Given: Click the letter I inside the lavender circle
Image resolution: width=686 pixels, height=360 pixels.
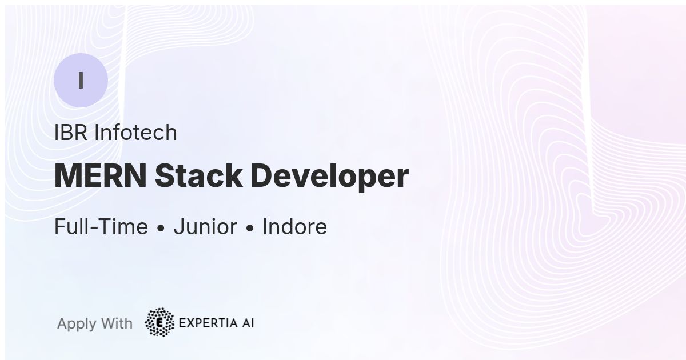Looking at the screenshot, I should pos(81,81).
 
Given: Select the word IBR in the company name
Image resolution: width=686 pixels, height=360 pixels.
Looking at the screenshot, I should pos(71,133).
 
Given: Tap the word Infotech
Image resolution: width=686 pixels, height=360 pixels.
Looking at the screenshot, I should pos(135,133).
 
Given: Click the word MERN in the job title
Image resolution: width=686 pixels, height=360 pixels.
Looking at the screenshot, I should pos(101,176).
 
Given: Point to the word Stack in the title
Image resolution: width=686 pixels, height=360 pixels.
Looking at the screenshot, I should pos(198,176).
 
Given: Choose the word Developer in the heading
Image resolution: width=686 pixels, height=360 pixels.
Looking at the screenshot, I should pos(329,176).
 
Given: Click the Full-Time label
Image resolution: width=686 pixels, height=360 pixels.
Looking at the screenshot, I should pos(101,227).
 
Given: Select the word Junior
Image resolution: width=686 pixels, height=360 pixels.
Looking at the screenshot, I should pos(205,227).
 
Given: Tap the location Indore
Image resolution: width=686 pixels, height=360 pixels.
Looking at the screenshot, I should pos(294,227).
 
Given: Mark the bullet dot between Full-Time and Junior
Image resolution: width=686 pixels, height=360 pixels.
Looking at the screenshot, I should pos(161,229).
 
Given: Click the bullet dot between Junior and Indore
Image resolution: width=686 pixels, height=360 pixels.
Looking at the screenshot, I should pos(250,229).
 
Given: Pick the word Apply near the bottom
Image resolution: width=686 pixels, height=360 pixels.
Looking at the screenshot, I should pos(77,324).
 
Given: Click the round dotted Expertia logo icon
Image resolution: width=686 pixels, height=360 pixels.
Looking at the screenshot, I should pos(159,322).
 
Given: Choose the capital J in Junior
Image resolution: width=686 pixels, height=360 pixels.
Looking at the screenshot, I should pos(178,227).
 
